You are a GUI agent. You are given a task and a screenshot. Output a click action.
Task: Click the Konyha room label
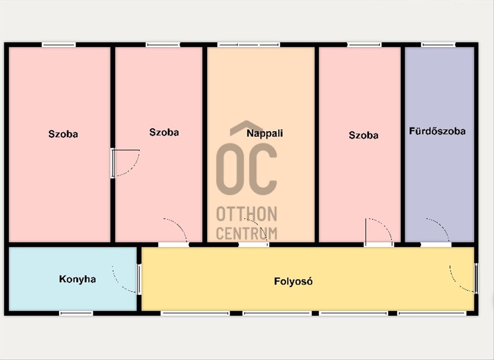click(x=77, y=279)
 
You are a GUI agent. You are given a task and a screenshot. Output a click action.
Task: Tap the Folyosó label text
click(x=293, y=281)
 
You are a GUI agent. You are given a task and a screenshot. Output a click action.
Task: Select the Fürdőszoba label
click(x=437, y=131)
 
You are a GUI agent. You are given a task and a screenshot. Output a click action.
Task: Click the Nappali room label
click(x=265, y=133)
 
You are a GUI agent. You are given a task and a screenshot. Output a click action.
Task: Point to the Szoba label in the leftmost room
click(x=63, y=134)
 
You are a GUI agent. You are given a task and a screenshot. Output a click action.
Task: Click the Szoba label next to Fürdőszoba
click(x=364, y=135)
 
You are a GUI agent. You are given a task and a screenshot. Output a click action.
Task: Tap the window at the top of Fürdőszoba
click(x=438, y=45)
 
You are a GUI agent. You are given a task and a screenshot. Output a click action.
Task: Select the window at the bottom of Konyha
click(x=76, y=313)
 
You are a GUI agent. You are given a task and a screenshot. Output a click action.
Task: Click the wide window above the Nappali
click(x=249, y=45)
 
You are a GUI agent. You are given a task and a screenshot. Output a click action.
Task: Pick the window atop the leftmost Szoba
click(x=58, y=45)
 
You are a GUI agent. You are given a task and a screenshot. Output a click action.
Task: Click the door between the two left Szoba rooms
click(x=113, y=163)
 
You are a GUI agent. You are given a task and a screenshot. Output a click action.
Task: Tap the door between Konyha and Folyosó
click(x=139, y=279)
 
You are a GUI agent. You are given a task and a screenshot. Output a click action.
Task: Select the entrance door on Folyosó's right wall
click(x=476, y=279)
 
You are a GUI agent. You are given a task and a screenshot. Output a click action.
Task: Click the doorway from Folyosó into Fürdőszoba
click(x=436, y=244)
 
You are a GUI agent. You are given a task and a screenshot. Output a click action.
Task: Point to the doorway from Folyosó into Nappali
click(x=254, y=244)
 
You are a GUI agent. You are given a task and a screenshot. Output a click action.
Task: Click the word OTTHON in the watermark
click(x=247, y=214)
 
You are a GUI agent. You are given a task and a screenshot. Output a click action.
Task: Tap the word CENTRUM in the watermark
click(x=247, y=233)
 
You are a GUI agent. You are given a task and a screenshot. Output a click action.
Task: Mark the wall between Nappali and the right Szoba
click(x=317, y=145)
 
